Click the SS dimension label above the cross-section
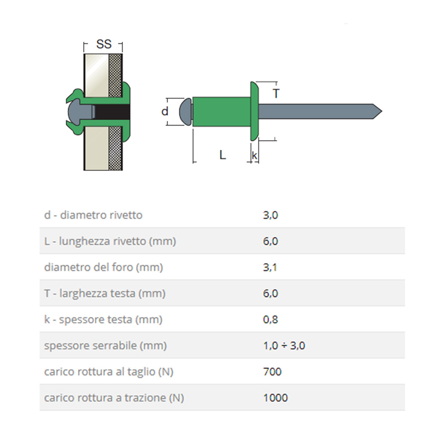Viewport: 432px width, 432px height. [104, 44]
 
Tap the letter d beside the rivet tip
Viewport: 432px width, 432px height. [165, 111]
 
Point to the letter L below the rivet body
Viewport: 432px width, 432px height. [223, 155]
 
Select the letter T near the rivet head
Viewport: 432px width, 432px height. [276, 94]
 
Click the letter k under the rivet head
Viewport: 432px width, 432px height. [254, 156]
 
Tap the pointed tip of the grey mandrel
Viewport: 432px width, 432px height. [382, 111]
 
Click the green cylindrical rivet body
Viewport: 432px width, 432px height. [222, 111]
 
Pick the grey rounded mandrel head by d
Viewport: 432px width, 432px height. [185, 111]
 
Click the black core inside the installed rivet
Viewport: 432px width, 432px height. [112, 112]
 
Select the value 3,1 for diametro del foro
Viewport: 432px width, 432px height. [270, 267]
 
